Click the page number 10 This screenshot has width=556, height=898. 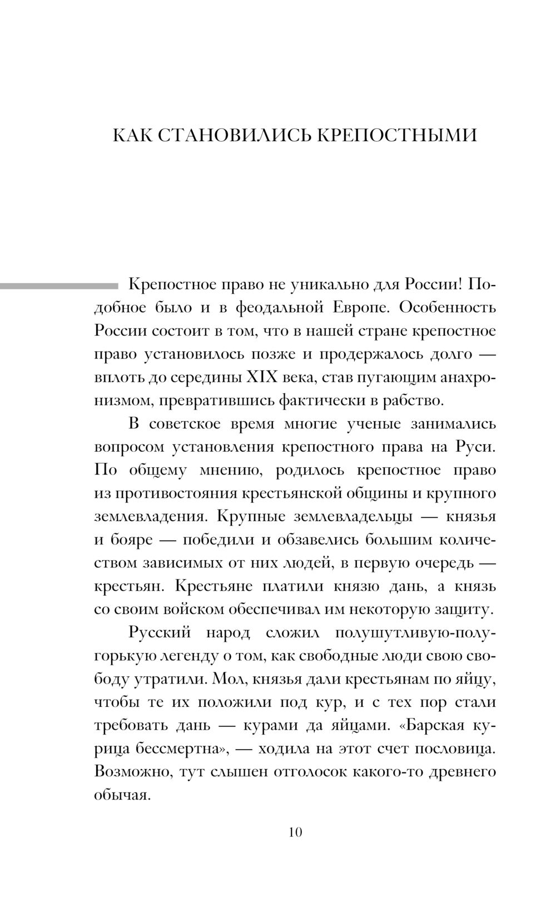click(295, 832)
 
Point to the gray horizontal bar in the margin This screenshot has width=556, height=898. click(59, 286)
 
